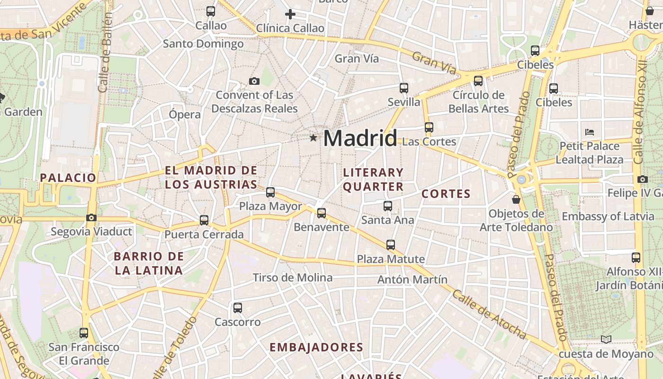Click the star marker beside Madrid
(x=313, y=138)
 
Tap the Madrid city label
(x=360, y=138)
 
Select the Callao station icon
(x=211, y=11)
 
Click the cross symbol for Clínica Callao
(x=290, y=14)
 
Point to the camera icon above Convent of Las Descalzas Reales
(x=254, y=81)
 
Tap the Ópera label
(x=185, y=114)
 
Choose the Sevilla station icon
(x=404, y=88)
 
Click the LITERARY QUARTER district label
(x=373, y=180)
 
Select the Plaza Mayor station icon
(x=270, y=192)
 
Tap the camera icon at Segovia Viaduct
(x=91, y=218)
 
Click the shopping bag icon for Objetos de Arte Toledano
(x=516, y=200)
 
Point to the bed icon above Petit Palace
(x=590, y=132)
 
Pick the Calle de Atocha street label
(x=489, y=314)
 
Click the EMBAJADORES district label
(x=316, y=347)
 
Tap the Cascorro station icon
(x=238, y=308)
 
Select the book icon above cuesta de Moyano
(x=606, y=339)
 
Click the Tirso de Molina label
(x=293, y=278)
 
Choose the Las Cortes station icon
(x=429, y=127)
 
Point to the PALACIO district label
(x=68, y=178)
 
